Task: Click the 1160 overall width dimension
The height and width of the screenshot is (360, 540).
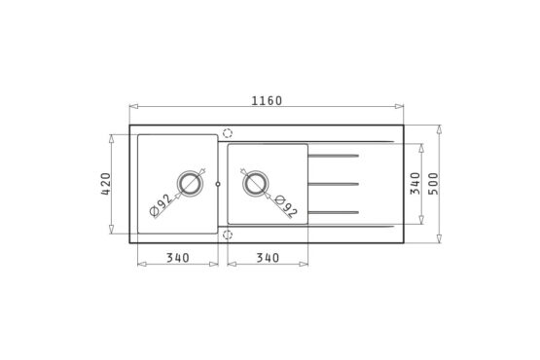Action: [x=267, y=101]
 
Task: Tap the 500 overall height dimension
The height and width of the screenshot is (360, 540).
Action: [x=434, y=184]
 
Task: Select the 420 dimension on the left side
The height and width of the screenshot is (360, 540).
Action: [x=106, y=184]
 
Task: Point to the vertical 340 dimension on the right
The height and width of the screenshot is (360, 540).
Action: [x=415, y=184]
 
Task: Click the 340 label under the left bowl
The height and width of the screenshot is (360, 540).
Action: [x=178, y=258]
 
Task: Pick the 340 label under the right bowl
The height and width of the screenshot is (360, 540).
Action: [x=268, y=258]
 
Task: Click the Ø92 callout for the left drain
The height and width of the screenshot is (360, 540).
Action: [x=161, y=205]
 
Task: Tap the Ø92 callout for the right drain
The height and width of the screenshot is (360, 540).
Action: [x=286, y=206]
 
